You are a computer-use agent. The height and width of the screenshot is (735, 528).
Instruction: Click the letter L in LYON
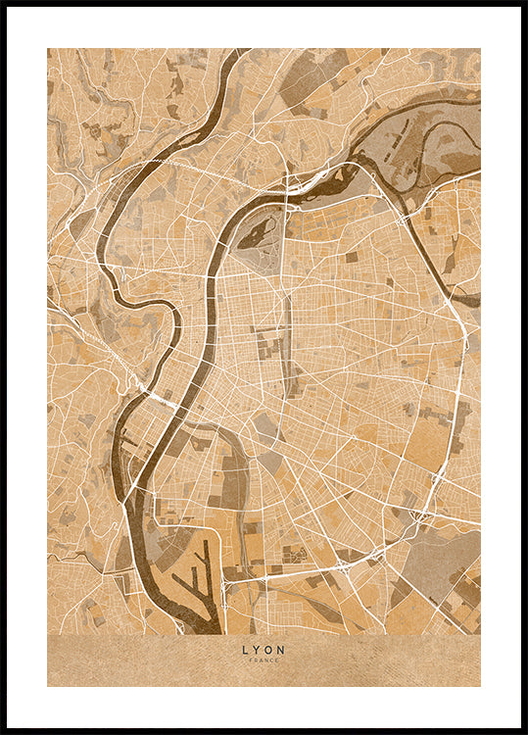(x=245, y=649)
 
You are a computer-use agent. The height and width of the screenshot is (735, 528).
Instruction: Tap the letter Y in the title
(x=257, y=649)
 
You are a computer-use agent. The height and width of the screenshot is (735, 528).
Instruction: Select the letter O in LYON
(x=269, y=649)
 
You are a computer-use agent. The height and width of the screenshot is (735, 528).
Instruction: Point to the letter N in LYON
(x=282, y=649)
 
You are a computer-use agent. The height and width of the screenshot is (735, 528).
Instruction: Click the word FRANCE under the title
(x=264, y=661)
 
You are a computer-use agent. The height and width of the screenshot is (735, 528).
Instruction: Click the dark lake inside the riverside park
(x=257, y=232)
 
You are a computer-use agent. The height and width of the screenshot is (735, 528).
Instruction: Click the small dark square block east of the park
(x=351, y=257)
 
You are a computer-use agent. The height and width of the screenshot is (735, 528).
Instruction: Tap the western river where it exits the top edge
(x=233, y=54)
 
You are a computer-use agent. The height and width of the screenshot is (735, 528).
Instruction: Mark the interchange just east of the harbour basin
(x=227, y=585)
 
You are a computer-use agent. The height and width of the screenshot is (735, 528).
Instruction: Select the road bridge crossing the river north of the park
(x=289, y=192)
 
